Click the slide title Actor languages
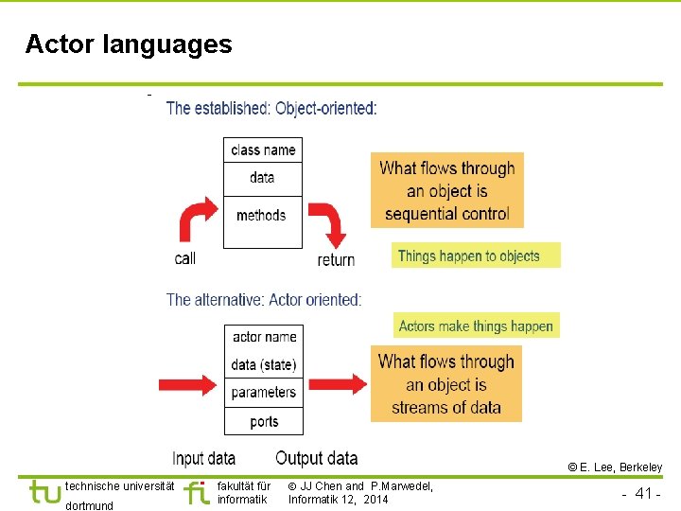pos(129,44)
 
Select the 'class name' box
pos(263,150)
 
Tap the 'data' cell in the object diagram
pos(263,178)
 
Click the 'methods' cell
pos(262,216)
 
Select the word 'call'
pos(185,258)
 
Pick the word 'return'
pos(336,259)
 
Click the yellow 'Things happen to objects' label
pos(476,255)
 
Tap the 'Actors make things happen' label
pos(476,326)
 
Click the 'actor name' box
pos(264,337)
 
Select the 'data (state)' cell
pos(264,364)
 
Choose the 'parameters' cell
pos(264,392)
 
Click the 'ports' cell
pos(264,421)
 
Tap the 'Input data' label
pos(203,458)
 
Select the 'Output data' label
pos(317,458)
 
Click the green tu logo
pos(44,492)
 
